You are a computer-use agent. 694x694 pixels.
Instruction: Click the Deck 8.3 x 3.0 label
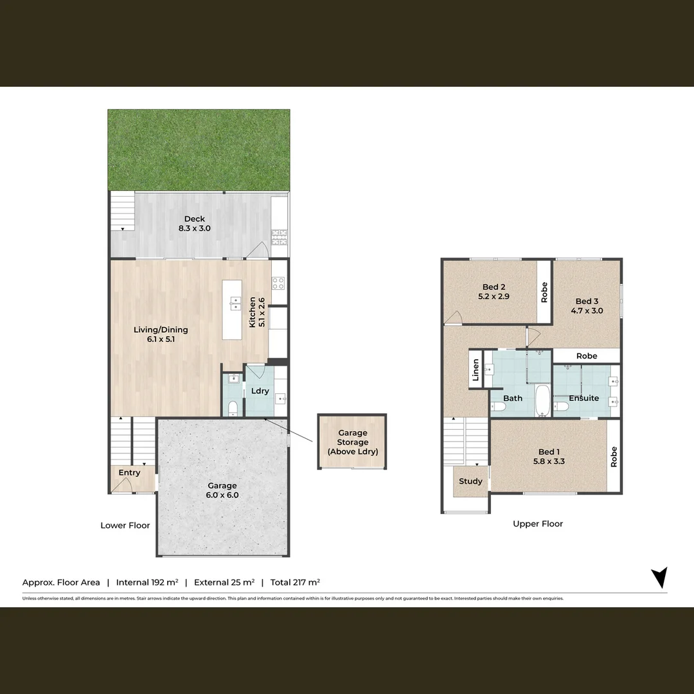(195, 224)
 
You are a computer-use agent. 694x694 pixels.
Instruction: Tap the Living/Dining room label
(161, 334)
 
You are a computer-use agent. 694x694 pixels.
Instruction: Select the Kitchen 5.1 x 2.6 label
(256, 312)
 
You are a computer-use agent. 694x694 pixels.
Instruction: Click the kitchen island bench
(232, 310)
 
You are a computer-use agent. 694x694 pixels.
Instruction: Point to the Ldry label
(260, 391)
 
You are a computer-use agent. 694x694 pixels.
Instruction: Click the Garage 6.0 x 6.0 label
(222, 490)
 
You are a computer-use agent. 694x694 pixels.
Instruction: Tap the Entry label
(129, 473)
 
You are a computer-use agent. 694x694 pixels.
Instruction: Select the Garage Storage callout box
(352, 442)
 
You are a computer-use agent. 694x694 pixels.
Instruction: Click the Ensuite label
(583, 398)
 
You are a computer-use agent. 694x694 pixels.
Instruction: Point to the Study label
(470, 481)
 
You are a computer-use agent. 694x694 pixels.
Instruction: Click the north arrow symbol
(659, 577)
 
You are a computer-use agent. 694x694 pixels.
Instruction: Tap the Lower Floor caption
(125, 526)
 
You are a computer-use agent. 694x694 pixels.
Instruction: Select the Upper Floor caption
(538, 524)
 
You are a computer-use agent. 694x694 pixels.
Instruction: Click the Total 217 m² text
(295, 582)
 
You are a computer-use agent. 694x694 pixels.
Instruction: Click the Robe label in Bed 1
(614, 456)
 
